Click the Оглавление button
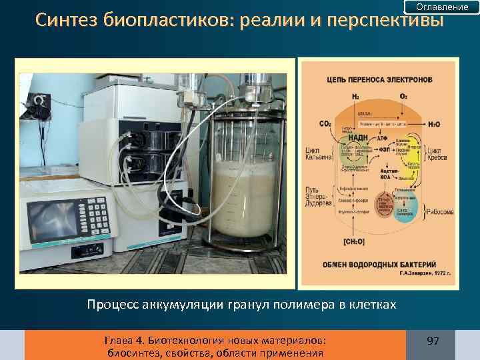tap(442, 7)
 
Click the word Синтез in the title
tap(67, 21)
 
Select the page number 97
tap(433, 341)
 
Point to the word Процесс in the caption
tap(111, 305)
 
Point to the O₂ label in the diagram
tap(403, 97)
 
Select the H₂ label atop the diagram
tap(355, 97)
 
